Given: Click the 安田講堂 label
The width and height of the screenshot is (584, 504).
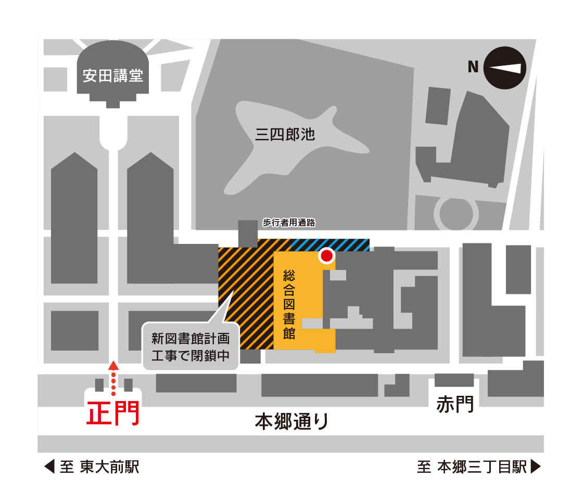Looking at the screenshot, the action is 113,75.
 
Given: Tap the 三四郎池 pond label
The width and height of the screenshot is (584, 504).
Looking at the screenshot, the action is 285,134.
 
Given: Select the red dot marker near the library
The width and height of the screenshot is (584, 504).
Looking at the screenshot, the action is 327,256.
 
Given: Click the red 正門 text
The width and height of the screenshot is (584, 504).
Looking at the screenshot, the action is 113,413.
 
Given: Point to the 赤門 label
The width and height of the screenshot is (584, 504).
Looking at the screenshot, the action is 455,404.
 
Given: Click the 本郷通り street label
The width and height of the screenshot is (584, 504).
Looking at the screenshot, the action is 291,421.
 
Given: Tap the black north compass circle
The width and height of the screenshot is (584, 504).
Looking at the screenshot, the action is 505,68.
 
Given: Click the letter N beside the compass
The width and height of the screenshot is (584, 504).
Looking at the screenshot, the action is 473,67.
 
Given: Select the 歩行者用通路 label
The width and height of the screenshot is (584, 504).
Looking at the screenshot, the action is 289,223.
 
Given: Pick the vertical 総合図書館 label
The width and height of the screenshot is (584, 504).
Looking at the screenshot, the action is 289,304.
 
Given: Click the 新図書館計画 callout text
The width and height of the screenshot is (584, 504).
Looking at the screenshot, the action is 191,339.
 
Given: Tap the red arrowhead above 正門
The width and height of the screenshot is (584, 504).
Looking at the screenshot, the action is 113,365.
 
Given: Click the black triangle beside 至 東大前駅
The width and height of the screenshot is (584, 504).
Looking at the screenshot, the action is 49,467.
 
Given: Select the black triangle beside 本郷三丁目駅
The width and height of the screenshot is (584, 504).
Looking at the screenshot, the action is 536,467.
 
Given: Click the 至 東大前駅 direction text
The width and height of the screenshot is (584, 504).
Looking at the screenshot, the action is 99,467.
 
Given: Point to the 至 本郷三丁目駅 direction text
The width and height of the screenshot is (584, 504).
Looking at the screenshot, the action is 472,467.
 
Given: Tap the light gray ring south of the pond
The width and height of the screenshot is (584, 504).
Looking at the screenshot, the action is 456,214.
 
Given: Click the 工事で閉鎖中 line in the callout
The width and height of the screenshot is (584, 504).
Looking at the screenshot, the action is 191,356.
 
